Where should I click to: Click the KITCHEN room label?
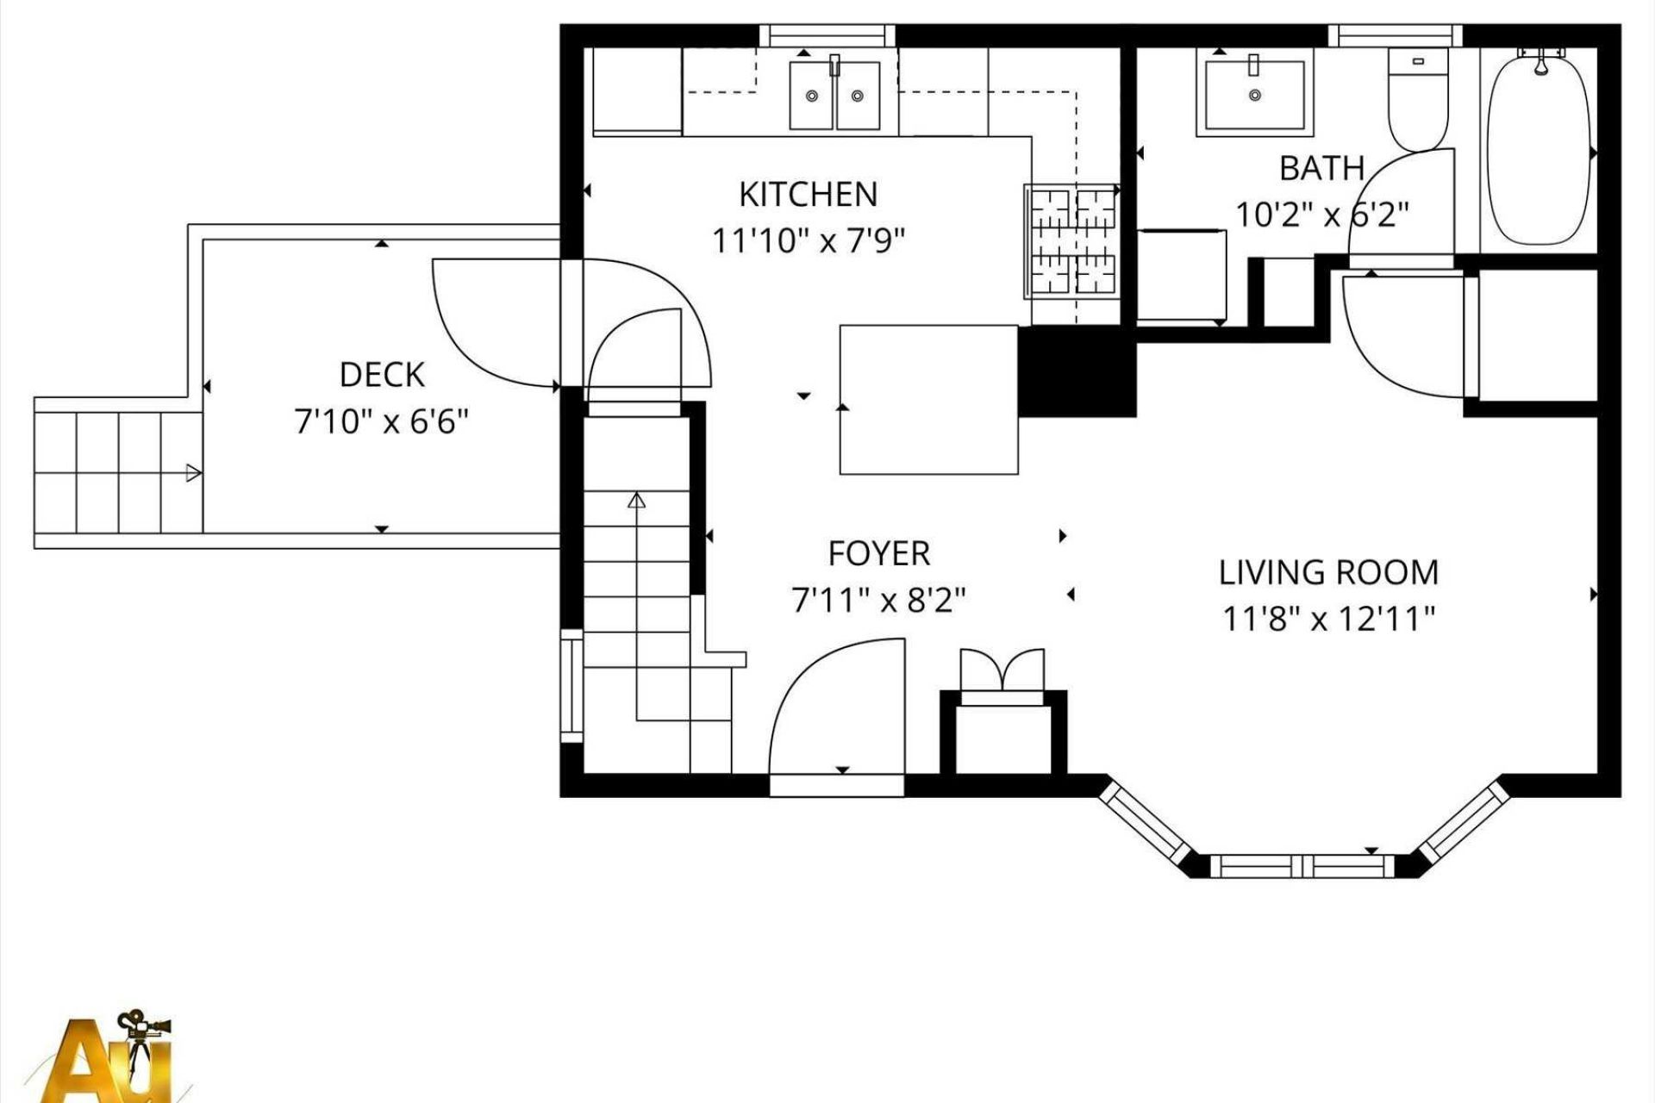(809, 195)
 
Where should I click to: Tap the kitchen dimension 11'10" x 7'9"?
(809, 240)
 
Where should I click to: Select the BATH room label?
(1321, 169)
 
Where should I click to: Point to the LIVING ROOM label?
(1328, 573)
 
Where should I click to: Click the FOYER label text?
(879, 554)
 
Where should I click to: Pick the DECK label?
(382, 375)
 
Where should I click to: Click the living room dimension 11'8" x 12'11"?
(1328, 619)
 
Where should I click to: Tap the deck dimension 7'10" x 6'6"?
(382, 422)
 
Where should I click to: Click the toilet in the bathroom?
(1417, 100)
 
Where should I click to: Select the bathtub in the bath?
(1539, 146)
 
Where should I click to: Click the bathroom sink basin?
(1255, 93)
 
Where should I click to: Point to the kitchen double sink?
(834, 95)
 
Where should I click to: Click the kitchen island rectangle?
(929, 399)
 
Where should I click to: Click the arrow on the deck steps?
(194, 473)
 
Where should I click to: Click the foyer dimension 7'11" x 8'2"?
(879, 600)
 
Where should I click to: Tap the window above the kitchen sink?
(827, 35)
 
